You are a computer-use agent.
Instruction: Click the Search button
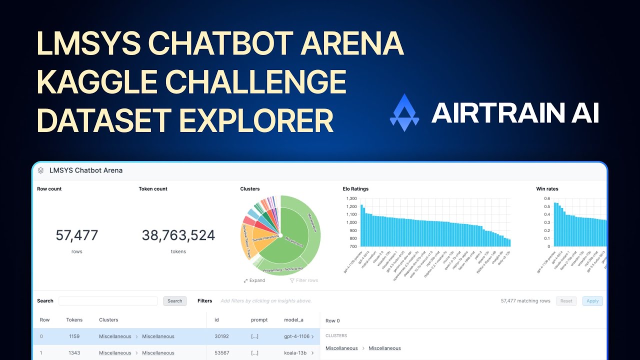point(174,301)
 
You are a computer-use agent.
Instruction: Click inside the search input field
point(108,301)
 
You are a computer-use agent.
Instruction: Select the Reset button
point(566,301)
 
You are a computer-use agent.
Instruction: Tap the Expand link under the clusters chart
point(254,280)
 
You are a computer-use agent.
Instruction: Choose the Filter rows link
point(304,280)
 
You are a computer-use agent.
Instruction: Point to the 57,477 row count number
point(77,235)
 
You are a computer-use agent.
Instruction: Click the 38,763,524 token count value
point(178,235)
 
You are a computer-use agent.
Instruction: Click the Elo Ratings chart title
point(355,189)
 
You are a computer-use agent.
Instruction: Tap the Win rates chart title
point(547,189)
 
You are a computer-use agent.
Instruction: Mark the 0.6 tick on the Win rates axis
point(546,198)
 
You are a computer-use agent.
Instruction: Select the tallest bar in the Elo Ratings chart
point(361,225)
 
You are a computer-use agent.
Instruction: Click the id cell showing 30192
point(221,336)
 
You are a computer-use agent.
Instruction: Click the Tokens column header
point(74,320)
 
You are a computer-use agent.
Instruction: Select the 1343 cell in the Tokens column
point(74,353)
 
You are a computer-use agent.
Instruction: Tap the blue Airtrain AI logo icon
point(404,112)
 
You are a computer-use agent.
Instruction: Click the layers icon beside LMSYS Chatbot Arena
point(40,170)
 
